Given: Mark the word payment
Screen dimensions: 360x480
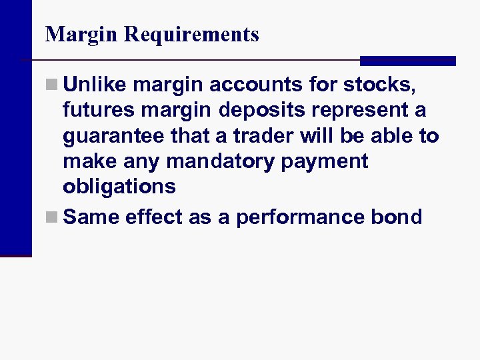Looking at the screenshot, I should pos(327,161).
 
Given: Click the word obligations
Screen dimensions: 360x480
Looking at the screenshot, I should pos(119,187).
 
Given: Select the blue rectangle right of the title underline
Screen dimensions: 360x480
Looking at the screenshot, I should pos(407,61).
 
